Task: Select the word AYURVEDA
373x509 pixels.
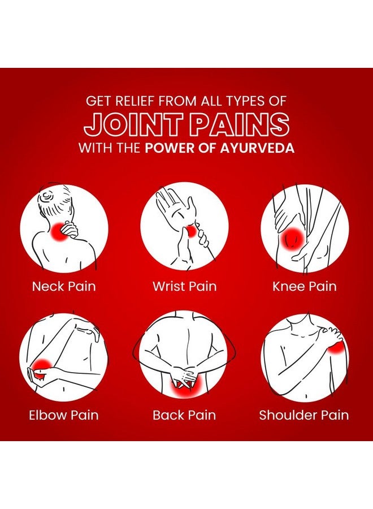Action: (257, 148)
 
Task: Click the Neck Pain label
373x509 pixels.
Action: (64, 286)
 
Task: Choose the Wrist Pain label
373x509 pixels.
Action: (184, 286)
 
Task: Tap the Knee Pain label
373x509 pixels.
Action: (304, 286)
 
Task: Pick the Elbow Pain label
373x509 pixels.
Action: (63, 415)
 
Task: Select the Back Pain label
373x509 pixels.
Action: (184, 415)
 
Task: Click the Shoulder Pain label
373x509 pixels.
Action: (304, 415)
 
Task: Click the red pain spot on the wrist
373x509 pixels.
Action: (192, 231)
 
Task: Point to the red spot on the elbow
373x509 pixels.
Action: (41, 368)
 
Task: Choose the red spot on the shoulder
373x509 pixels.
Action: (336, 347)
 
